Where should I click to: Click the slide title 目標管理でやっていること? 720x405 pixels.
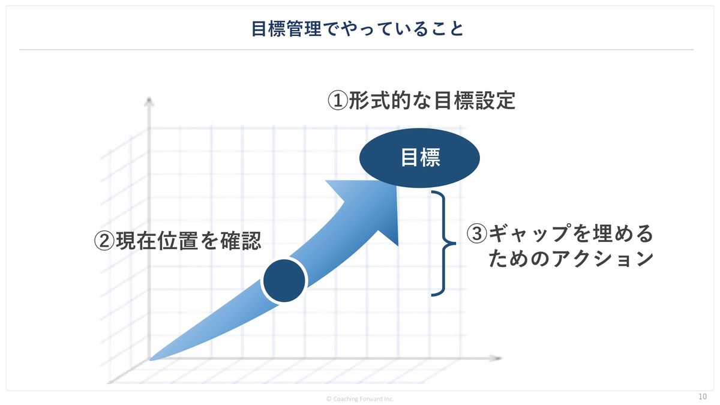click(x=357, y=29)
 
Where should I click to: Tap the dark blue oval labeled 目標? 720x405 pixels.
click(x=419, y=158)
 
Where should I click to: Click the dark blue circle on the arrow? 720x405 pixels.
click(x=284, y=281)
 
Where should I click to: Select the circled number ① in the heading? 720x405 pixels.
click(x=337, y=100)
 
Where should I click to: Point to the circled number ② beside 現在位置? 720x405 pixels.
click(x=104, y=241)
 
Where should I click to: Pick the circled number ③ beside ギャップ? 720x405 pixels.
click(x=476, y=233)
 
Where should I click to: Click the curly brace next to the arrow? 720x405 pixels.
click(x=443, y=244)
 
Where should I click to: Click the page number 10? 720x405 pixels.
click(x=703, y=397)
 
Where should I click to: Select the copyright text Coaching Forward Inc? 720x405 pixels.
click(x=360, y=399)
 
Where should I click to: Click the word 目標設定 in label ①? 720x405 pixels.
click(x=475, y=101)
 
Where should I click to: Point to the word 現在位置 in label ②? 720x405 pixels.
click(x=157, y=241)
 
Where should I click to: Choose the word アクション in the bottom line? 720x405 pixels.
click(x=602, y=259)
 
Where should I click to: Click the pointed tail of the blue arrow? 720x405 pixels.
click(x=151, y=359)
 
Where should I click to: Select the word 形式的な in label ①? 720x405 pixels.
click(x=390, y=101)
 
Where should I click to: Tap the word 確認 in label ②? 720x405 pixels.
click(x=241, y=241)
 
